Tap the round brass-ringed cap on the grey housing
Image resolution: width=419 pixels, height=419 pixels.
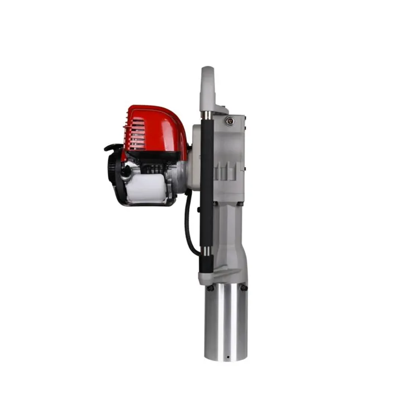point(230,122)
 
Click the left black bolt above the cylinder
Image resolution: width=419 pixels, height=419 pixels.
point(210,288)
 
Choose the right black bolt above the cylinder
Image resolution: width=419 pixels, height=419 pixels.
point(244,288)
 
